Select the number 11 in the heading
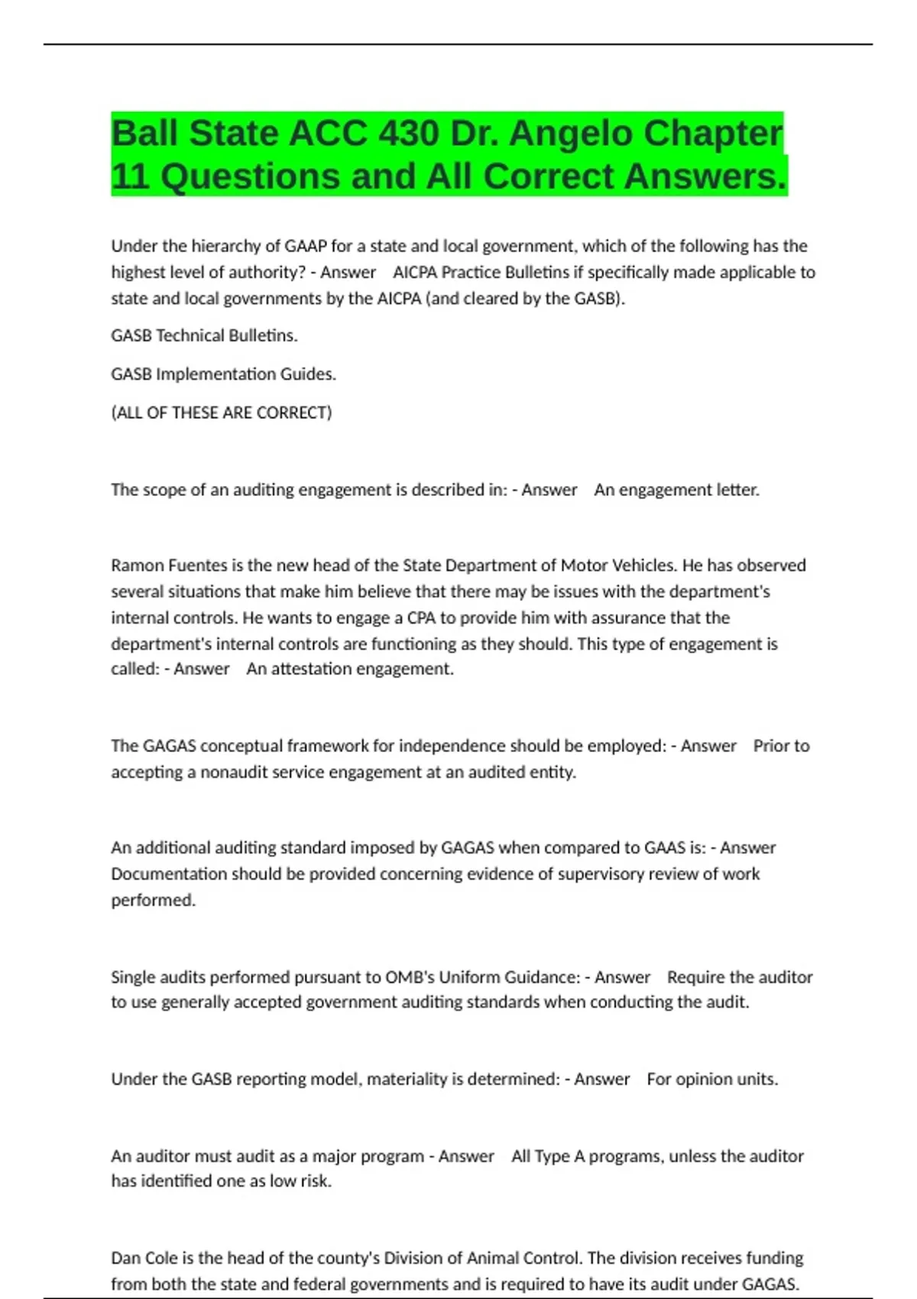coord(129,177)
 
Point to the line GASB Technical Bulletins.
coord(204,335)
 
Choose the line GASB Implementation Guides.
coord(223,374)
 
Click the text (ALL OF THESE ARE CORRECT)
coord(222,413)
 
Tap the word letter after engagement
coord(737,490)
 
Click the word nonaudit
coord(233,773)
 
